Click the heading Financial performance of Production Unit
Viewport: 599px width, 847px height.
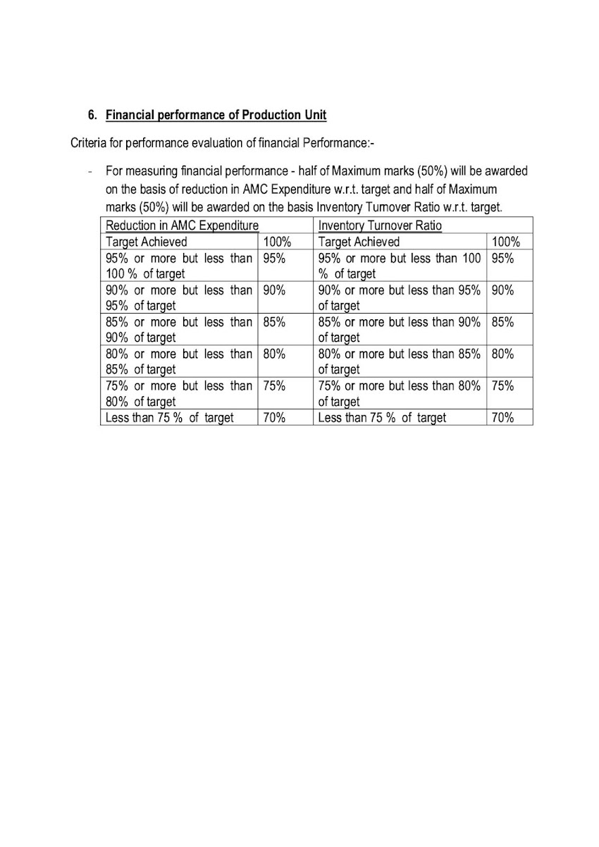click(216, 115)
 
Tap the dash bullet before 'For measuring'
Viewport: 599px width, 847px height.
click(89, 171)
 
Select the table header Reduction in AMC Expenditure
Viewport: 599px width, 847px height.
click(182, 225)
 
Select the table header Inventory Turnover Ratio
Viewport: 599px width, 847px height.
click(381, 225)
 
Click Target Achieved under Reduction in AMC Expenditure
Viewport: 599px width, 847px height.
click(147, 242)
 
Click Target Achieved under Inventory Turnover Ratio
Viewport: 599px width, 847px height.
click(359, 242)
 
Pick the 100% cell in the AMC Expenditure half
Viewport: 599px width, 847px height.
click(277, 242)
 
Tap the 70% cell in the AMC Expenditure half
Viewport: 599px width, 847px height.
click(274, 417)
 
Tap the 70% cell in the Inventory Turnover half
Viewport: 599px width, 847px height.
click(502, 417)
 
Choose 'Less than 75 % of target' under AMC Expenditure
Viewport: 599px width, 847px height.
click(169, 417)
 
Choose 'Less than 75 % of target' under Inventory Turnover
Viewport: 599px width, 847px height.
click(382, 417)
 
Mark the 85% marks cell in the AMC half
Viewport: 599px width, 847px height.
click(274, 322)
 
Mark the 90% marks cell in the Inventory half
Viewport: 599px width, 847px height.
click(502, 290)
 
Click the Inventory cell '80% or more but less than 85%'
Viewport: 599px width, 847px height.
click(400, 361)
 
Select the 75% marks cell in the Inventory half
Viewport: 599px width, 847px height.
click(502, 386)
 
